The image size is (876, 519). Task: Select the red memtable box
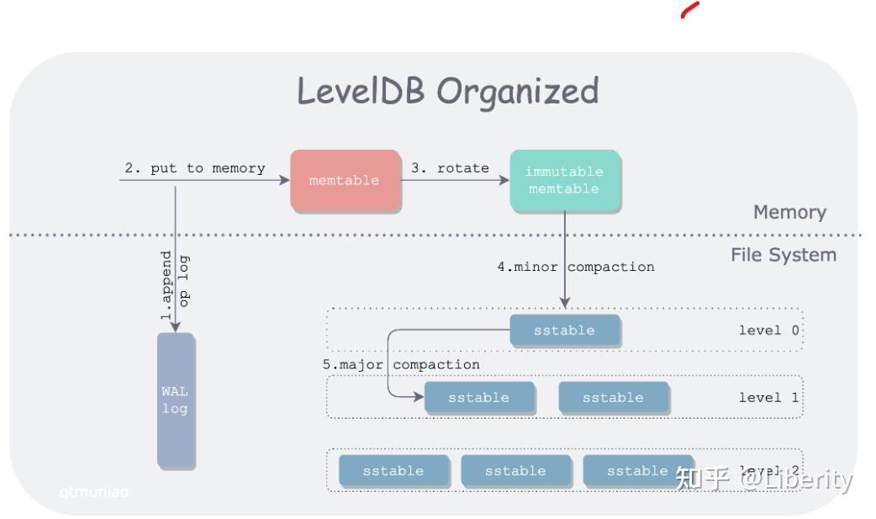point(345,180)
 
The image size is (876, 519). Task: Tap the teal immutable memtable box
point(564,180)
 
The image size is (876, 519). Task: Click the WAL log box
point(175,400)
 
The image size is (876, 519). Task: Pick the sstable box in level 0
point(564,331)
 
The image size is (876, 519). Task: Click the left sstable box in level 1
point(478,398)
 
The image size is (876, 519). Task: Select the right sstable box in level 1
point(613,398)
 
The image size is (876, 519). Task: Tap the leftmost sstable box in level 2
point(393,471)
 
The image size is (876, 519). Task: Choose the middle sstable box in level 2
point(515,471)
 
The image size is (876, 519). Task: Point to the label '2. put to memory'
point(195,168)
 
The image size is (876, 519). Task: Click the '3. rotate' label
point(450,168)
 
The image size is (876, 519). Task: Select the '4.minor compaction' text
point(575,267)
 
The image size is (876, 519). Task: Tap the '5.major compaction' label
point(402,364)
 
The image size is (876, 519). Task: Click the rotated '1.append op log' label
point(175,285)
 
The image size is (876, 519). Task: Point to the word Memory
point(789,212)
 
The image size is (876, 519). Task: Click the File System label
point(784,255)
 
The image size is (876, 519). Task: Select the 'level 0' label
point(768,330)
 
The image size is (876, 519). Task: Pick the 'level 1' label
point(768,397)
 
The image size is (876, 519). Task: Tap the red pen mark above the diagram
point(689,10)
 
